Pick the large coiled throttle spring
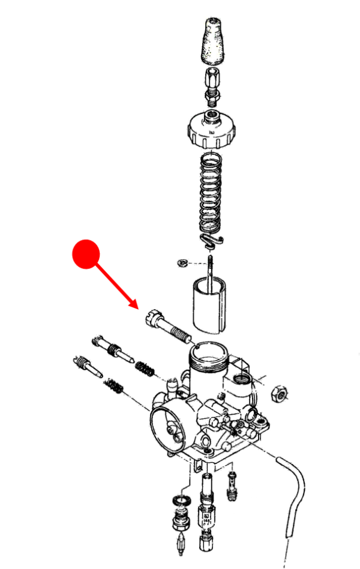click(x=211, y=195)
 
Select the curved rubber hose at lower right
click(x=294, y=492)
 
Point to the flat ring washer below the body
click(x=179, y=501)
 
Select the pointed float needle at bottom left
click(x=179, y=543)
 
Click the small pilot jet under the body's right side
click(x=233, y=486)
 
